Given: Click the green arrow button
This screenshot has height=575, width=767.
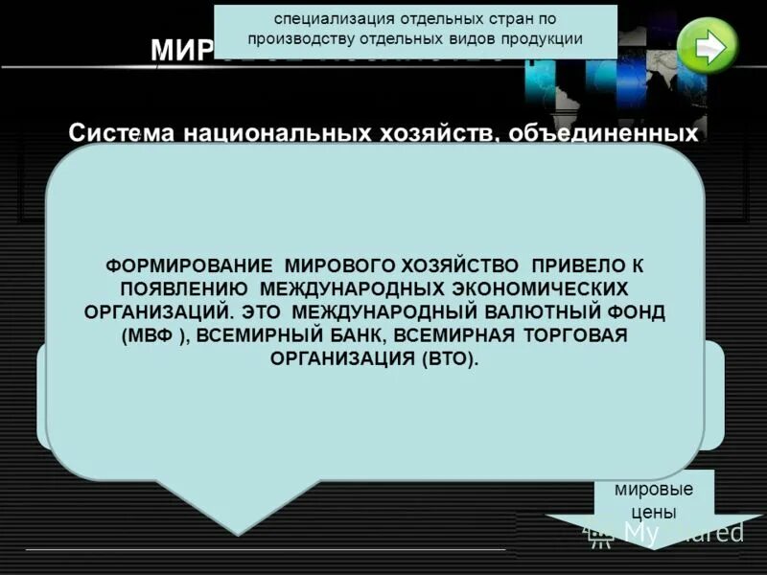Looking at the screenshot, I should pos(708,45).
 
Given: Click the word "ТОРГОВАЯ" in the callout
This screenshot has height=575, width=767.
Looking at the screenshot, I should pos(572,336).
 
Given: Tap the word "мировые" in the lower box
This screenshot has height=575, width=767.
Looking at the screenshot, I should pos(655,488).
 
